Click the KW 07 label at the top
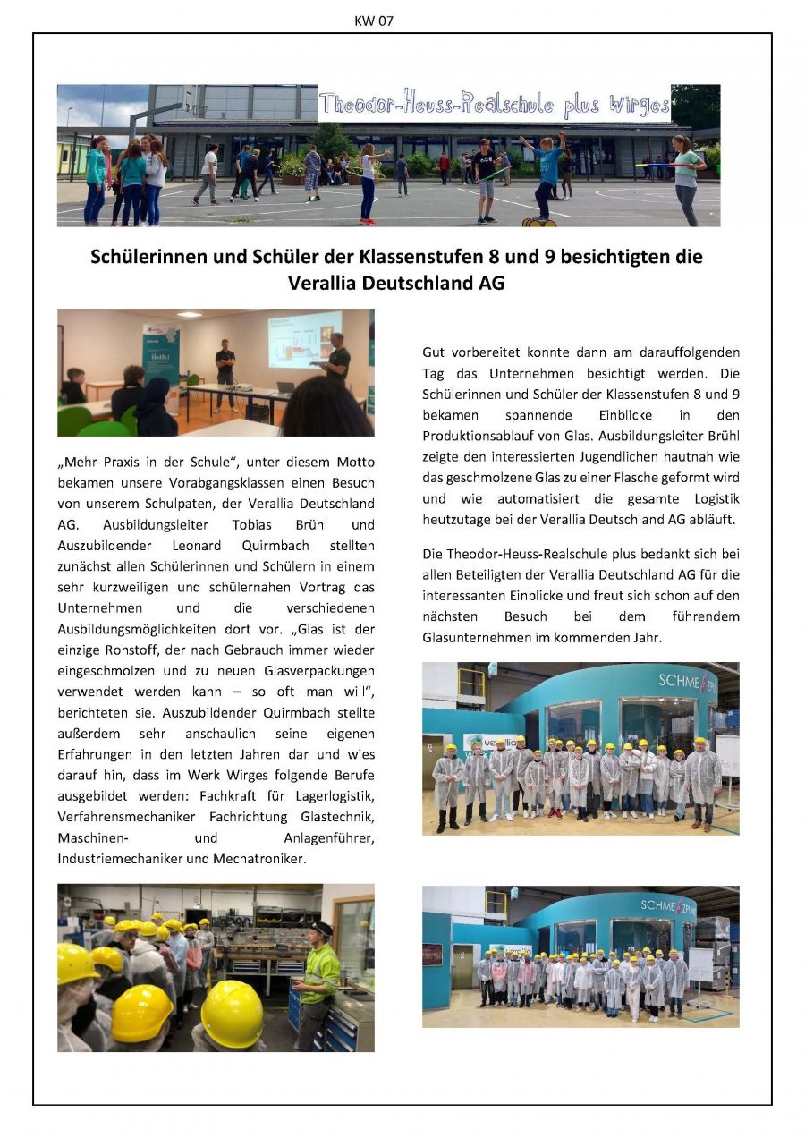tap(374, 21)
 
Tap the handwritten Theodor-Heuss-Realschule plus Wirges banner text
tap(494, 105)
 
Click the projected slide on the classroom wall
tap(304, 339)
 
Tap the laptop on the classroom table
tap(285, 387)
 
